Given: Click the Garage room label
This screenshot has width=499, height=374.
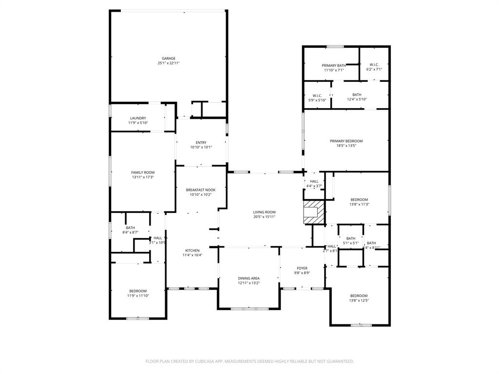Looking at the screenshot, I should point(169,58).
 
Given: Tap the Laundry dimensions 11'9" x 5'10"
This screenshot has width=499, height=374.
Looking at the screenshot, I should point(138,123).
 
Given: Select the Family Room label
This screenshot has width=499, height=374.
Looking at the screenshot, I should point(143,172).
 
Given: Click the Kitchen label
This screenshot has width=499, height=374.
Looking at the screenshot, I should point(192,250).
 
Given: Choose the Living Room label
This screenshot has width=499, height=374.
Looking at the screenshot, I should point(264,212).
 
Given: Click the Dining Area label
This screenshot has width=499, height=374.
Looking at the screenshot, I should point(249,278).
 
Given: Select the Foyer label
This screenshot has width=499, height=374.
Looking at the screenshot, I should point(302,268).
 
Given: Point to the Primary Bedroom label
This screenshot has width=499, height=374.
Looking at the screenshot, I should point(346,141).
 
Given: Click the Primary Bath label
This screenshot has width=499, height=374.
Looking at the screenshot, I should point(334,65).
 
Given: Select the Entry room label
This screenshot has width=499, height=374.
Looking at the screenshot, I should point(201,142).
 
